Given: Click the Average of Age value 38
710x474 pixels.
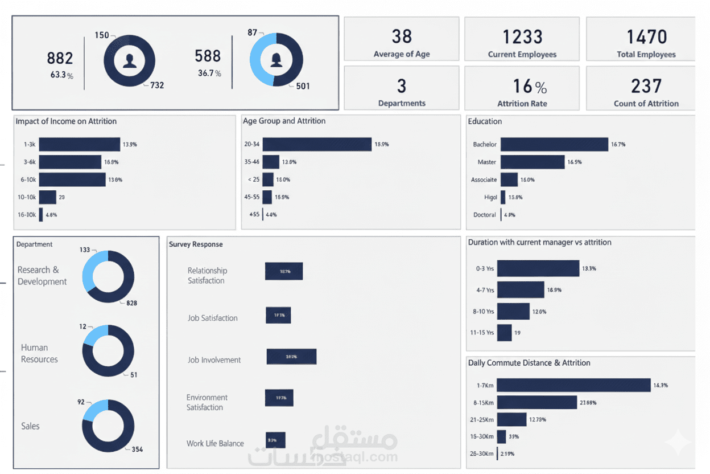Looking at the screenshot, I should [x=402, y=36].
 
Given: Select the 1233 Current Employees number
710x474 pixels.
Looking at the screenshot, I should [x=522, y=37].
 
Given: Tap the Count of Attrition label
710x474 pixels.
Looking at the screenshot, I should [x=646, y=104].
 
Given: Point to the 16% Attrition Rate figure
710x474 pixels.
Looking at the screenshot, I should [x=529, y=86].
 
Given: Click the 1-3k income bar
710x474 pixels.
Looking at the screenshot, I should [x=79, y=144].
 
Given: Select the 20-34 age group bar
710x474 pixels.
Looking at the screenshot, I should [x=317, y=144].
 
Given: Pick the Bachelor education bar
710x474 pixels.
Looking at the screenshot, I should [x=554, y=144].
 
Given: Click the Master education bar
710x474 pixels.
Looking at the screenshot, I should [x=532, y=162].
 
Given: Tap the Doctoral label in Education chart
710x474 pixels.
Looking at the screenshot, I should [x=484, y=215].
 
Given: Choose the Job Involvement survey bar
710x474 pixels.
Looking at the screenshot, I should [x=291, y=357].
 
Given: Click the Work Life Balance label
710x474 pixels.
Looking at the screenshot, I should [x=215, y=443].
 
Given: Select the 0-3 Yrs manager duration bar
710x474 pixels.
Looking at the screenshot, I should [x=538, y=268].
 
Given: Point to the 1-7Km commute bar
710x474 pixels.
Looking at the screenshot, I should [x=573, y=385].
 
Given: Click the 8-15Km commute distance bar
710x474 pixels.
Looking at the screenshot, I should [x=537, y=402].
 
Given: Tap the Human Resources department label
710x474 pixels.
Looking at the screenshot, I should [x=39, y=353].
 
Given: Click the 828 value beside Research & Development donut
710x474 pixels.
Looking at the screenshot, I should [x=131, y=303].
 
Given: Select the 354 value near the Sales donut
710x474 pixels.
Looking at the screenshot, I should [x=137, y=450].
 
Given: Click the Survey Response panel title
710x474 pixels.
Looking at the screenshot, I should [x=196, y=244].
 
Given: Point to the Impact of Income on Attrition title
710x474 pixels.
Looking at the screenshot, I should [x=66, y=121].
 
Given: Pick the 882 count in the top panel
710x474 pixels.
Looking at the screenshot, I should [x=60, y=58].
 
